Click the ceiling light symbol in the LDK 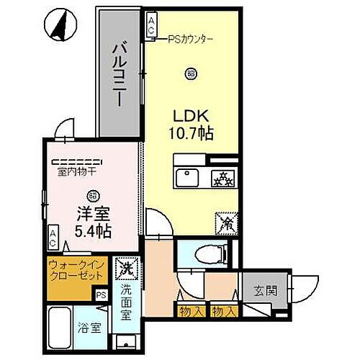coord(189,72)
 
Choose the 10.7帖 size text coord(189,134)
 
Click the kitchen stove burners coord(220,177)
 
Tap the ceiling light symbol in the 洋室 coord(92,194)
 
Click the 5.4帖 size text coord(92,231)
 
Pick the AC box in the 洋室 coord(53,236)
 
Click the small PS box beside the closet coord(100,294)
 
